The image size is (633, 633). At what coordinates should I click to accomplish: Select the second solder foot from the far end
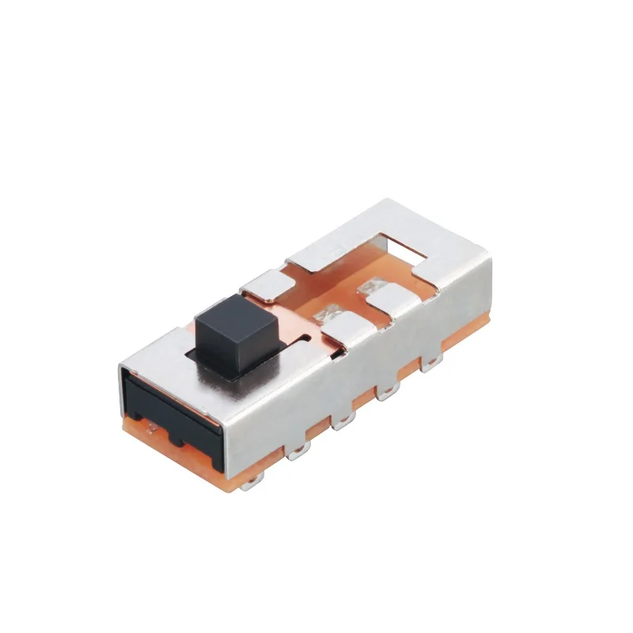(x=389, y=391)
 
